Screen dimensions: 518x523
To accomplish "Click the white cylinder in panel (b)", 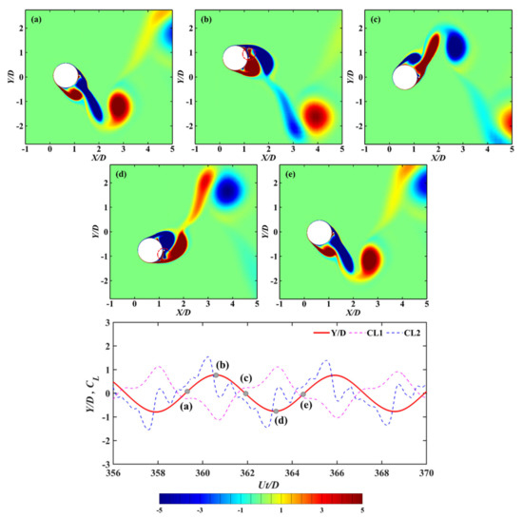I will [235, 59].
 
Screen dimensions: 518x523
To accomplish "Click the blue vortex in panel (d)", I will [227, 191].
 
